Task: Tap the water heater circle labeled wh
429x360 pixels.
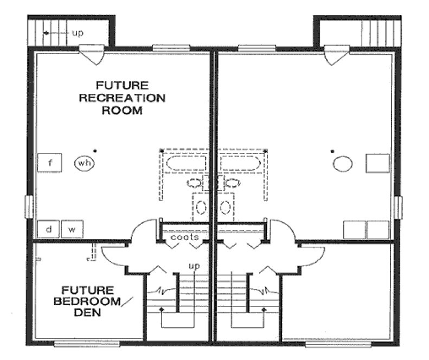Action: (x=84, y=163)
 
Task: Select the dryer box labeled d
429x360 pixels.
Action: (x=48, y=230)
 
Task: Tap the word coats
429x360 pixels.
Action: (x=185, y=237)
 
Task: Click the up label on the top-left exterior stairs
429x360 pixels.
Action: (x=78, y=33)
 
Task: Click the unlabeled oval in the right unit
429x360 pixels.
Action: (x=343, y=163)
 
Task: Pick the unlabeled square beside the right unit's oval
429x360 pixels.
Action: (x=377, y=163)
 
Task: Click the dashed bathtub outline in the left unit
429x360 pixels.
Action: (x=185, y=163)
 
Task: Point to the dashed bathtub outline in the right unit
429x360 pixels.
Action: (x=242, y=163)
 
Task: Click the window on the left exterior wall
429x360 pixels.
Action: (x=30, y=208)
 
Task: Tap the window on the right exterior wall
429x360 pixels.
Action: (x=398, y=208)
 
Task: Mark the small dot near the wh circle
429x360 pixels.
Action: (x=94, y=150)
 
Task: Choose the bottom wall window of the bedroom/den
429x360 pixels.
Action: (x=79, y=343)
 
